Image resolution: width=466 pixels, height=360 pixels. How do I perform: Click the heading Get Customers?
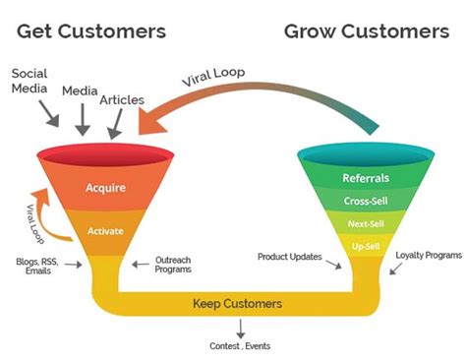(x=91, y=31)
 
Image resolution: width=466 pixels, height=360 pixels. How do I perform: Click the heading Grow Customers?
(x=366, y=31)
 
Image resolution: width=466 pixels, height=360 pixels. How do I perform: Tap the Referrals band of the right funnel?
(x=365, y=180)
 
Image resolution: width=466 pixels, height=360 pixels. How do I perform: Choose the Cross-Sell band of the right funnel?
(x=365, y=202)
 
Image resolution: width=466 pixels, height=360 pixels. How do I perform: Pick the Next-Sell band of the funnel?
(x=365, y=223)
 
